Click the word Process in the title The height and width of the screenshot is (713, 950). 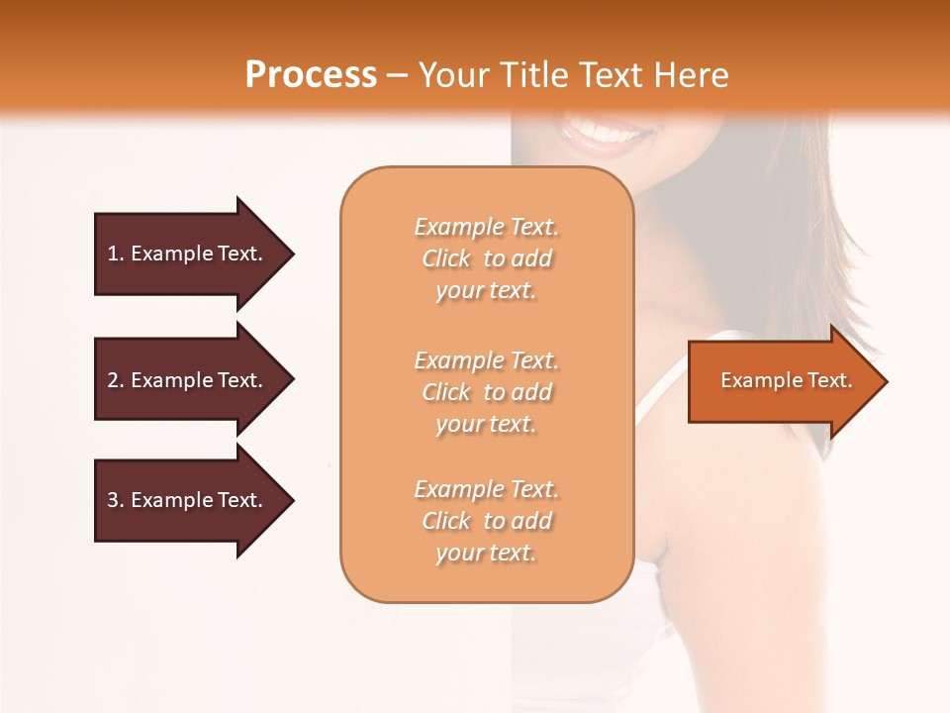tap(311, 75)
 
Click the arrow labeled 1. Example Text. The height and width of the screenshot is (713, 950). tap(188, 254)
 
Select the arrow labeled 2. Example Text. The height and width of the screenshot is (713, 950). tap(188, 380)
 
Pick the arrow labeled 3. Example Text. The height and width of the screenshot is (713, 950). tap(188, 500)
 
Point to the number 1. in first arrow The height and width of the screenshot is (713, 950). tap(116, 254)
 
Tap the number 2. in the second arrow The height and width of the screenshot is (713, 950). tap(116, 380)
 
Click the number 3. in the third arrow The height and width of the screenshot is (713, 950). tap(116, 500)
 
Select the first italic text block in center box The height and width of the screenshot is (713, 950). tap(486, 258)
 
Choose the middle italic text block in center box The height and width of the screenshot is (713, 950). tap(486, 392)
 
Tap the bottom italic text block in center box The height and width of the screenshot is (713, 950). tap(486, 521)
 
